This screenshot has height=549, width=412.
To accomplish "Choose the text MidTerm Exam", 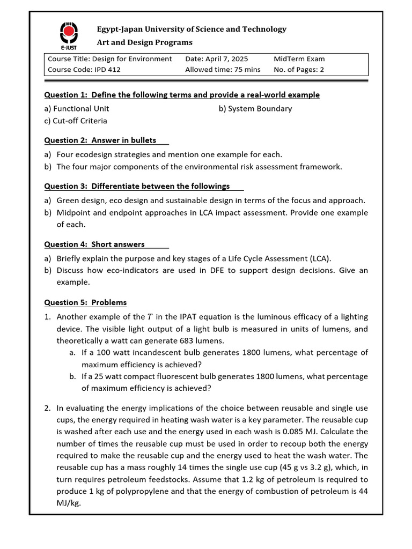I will pos(299,59).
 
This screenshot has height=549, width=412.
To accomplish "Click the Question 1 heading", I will pos(181,95).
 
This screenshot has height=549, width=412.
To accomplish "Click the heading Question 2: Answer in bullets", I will pos(100,140).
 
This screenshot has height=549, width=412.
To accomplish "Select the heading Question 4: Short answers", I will pos(94,244).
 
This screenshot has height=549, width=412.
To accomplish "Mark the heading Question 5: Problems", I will pos(85,302).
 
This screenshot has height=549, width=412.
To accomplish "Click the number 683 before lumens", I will pos(196,340).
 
